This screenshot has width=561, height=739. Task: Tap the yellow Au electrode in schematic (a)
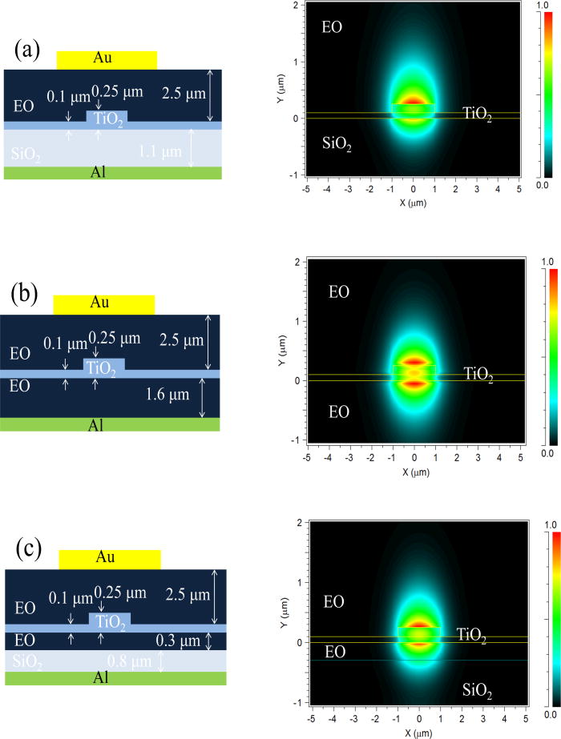[x=107, y=60]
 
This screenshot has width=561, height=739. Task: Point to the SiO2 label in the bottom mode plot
[x=476, y=689]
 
